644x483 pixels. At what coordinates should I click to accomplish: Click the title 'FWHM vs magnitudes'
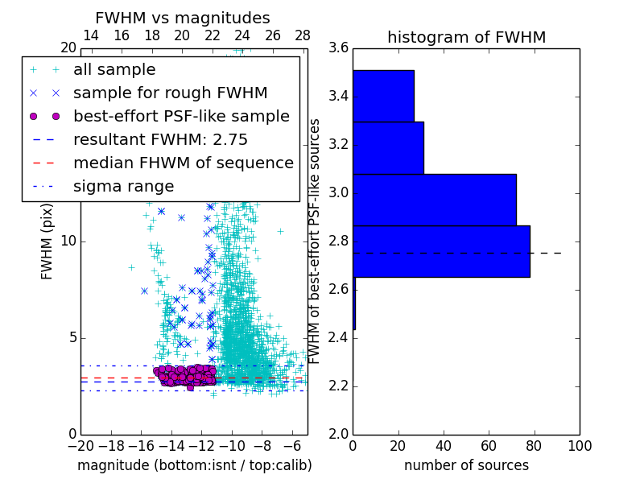183,18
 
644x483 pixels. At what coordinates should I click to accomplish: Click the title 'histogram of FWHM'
466,37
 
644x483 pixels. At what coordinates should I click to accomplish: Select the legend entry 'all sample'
114,70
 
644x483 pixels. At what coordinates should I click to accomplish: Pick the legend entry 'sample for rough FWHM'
170,93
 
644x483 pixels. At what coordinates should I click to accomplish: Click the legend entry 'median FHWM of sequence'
183,163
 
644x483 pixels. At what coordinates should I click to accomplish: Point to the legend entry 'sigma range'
123,186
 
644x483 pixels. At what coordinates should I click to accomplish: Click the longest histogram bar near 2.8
441,251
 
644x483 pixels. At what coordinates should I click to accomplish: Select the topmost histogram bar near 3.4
383,96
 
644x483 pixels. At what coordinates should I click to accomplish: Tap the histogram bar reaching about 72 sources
434,200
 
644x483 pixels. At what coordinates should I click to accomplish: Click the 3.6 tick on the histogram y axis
338,48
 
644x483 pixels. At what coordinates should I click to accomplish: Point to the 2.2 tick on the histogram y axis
338,386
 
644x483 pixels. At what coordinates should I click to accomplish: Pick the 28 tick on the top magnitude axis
303,35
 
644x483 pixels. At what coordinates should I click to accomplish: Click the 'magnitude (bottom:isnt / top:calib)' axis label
194,465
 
